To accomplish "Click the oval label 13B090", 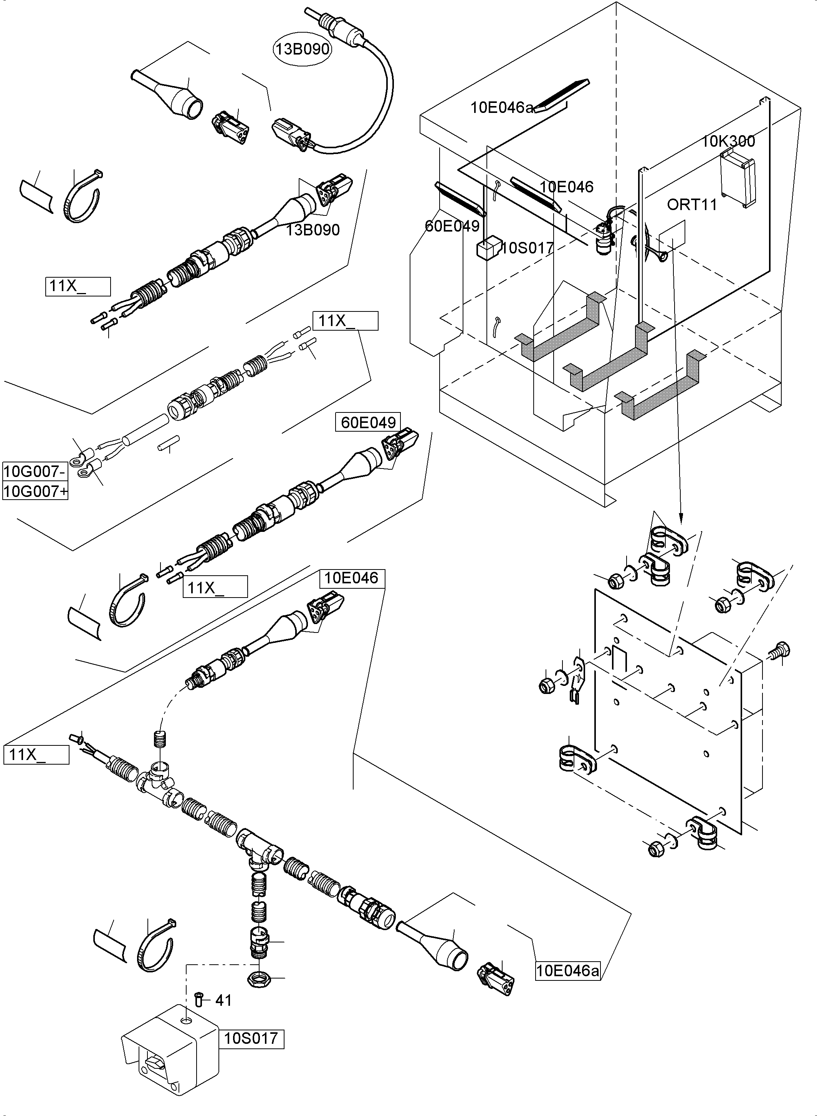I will [x=302, y=49].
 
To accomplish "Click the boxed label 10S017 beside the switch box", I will [x=251, y=1038].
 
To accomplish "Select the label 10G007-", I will [x=34, y=472].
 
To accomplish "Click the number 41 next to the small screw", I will [x=223, y=1000].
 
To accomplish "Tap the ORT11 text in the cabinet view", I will [x=691, y=204].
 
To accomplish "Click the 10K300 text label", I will [x=728, y=141].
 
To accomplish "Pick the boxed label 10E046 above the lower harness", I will [x=352, y=578].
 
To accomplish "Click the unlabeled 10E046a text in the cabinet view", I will [x=501, y=108].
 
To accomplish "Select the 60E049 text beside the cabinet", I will [x=452, y=226].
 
